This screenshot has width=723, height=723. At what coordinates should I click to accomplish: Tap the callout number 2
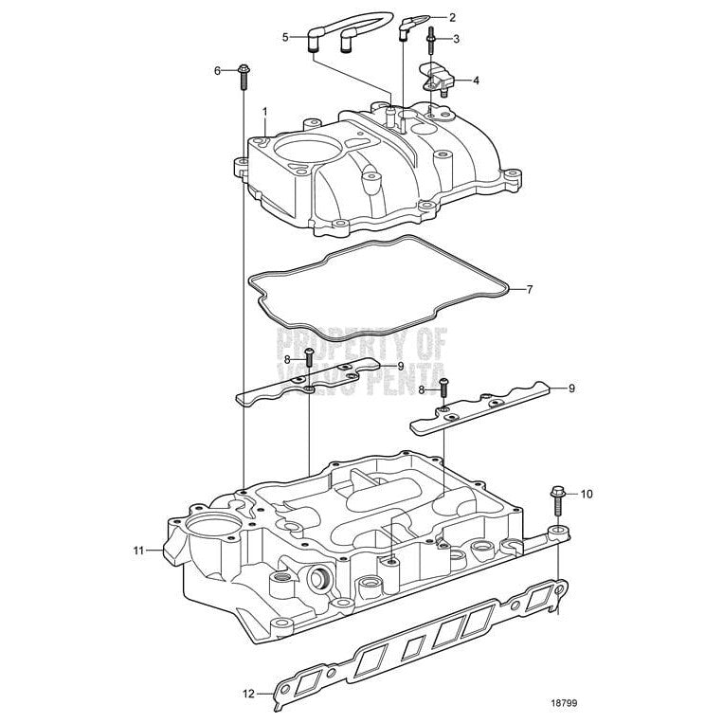tap(452, 17)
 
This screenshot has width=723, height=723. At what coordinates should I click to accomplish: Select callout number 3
tap(456, 39)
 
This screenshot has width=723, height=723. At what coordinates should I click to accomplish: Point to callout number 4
tap(476, 81)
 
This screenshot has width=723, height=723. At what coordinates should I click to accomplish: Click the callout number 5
tap(285, 37)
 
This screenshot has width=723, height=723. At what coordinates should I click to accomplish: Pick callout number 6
tap(217, 71)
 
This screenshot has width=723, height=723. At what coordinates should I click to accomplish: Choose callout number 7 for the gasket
tap(530, 288)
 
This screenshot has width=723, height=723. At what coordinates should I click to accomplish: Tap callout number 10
tap(586, 494)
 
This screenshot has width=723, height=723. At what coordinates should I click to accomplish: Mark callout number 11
tap(138, 550)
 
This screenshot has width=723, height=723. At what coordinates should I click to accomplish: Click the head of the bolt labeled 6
tap(244, 70)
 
